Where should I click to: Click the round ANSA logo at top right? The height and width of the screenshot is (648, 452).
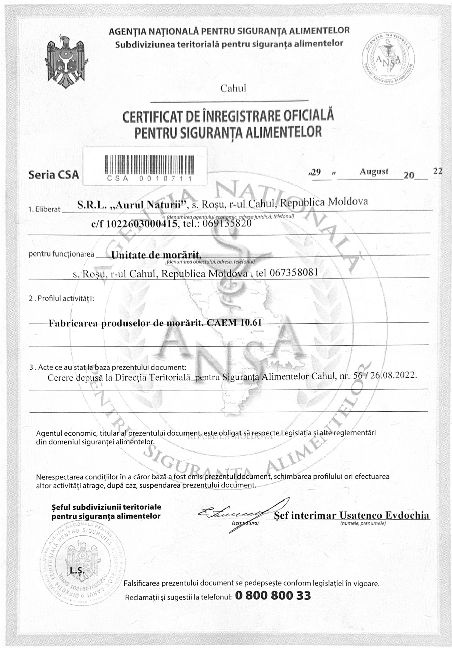tap(388, 60)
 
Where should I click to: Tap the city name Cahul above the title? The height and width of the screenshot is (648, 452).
tap(233, 88)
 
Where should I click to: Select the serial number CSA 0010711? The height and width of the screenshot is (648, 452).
tap(149, 179)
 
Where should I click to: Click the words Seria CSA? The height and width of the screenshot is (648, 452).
tap(54, 174)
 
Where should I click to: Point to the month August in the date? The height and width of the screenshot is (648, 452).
tap(374, 171)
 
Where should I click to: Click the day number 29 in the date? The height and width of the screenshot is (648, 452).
tap(316, 172)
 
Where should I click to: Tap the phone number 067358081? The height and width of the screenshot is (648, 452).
tap(293, 273)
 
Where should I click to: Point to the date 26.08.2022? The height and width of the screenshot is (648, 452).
tap(393, 376)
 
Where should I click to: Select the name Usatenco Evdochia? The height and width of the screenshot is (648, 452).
tap(385, 515)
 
